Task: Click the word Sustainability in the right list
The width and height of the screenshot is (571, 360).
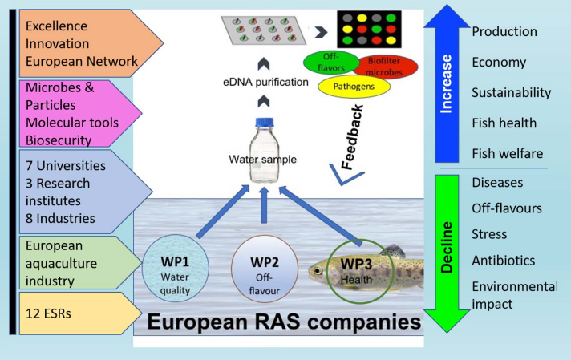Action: tap(511, 93)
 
